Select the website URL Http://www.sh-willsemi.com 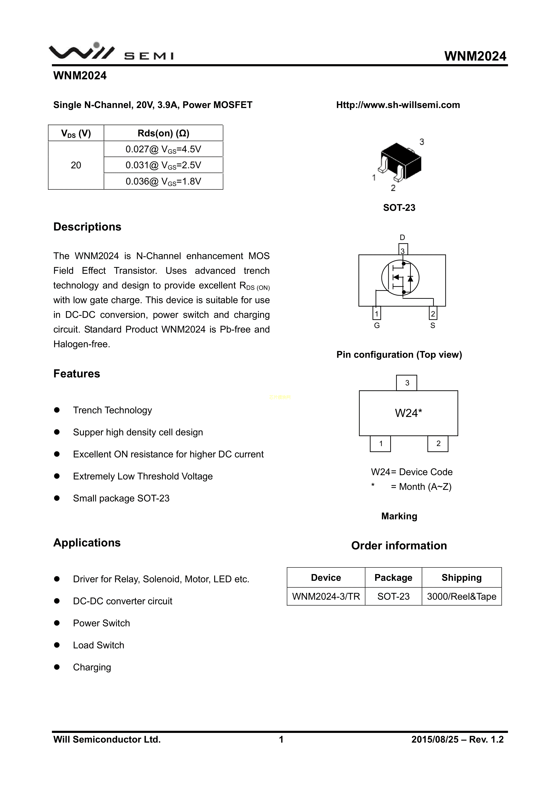coord(398,105)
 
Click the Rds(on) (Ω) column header coord(163,133)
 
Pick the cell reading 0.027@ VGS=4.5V coord(163,149)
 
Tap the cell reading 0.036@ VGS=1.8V coord(163,181)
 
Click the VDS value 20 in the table coord(76,165)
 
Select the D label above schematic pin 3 coord(402,238)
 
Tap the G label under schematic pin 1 coord(377,326)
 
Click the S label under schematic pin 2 coord(433,326)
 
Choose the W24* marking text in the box coord(408,413)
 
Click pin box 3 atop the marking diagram coord(407,383)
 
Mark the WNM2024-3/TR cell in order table coord(326,596)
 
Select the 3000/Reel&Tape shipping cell coord(461,596)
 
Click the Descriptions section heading coord(87,227)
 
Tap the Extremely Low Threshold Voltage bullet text coord(143,476)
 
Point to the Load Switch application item coord(98,645)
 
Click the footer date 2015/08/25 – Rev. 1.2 coord(457,739)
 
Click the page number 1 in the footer coord(281,739)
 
